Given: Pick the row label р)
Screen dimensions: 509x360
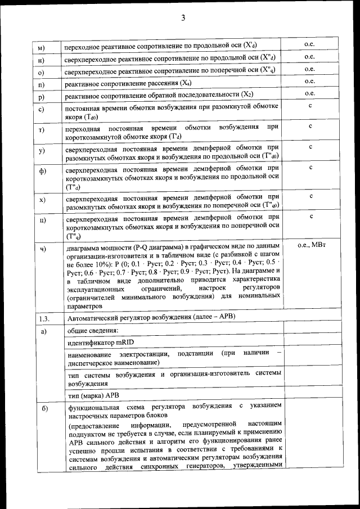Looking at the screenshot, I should pos(41,97).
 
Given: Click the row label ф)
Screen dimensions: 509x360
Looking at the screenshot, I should pos(42,172).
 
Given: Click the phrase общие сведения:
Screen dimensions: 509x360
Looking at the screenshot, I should pos(92,330).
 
